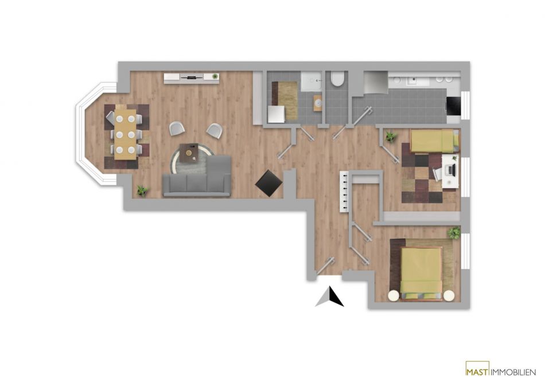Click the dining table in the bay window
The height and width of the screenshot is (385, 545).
point(125,134)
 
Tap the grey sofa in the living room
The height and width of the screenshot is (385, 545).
point(197,177)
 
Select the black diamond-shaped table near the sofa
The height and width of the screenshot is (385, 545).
point(268,183)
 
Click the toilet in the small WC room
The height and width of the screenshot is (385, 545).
point(337,79)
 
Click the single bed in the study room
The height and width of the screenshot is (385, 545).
point(434,141)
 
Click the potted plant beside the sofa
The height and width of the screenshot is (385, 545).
point(142,190)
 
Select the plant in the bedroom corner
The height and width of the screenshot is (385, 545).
point(454,233)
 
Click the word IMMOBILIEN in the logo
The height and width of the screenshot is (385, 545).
point(513,372)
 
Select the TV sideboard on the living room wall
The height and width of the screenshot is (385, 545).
point(192,78)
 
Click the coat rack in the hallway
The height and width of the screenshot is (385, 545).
point(344,191)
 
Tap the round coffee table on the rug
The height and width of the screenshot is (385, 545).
point(190,153)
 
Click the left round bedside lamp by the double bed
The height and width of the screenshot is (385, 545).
point(394,295)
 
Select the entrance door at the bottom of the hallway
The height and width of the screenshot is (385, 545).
point(325,266)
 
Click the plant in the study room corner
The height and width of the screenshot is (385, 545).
point(390,136)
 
